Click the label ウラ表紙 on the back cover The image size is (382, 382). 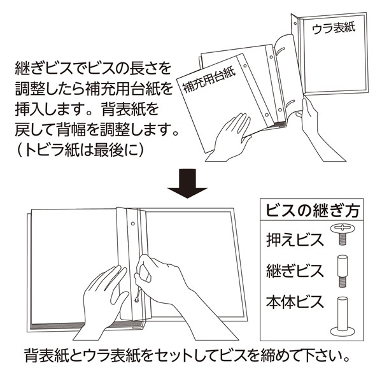pyautogui.click(x=334, y=29)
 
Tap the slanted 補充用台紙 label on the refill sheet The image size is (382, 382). pyautogui.click(x=209, y=80)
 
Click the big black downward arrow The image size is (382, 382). pyautogui.click(x=187, y=183)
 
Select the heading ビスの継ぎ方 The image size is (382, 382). pyautogui.click(x=313, y=211)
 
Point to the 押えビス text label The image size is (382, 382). pyautogui.click(x=295, y=240)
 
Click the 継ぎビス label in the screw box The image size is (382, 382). pyautogui.click(x=295, y=271)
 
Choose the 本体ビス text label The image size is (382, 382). pyautogui.click(x=295, y=302)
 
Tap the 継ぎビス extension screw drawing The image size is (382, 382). pyautogui.click(x=343, y=271)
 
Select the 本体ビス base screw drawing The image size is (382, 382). pyautogui.click(x=343, y=316)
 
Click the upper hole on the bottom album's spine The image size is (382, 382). pyautogui.click(x=133, y=223)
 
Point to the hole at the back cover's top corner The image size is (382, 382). pyautogui.click(x=295, y=24)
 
